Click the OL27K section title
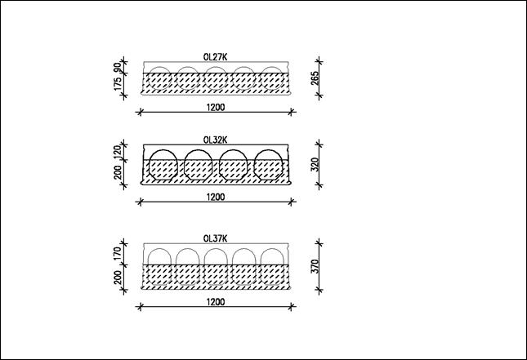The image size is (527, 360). coord(215,57)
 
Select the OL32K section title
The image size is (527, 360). coord(215,140)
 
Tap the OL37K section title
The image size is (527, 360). coord(215,238)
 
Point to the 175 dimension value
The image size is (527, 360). coord(118,84)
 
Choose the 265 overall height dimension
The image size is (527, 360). coord(315,78)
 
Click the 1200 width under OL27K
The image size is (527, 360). coord(216,108)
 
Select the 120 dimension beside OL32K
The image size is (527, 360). coord(118,152)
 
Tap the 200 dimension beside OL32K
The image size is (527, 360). coord(118,172)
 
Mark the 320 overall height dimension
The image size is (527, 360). coord(315,165)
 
